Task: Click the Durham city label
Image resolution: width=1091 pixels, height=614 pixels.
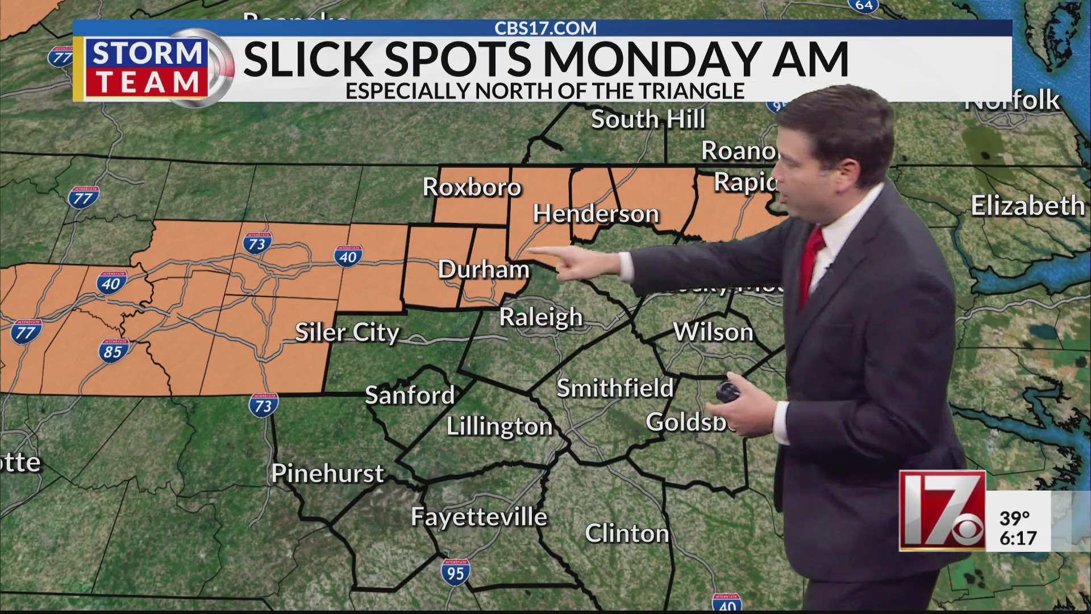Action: (484, 269)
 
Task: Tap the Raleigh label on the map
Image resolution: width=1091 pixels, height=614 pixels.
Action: (540, 317)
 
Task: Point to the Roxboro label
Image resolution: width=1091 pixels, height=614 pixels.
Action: (472, 187)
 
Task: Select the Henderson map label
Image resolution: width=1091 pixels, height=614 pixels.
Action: (596, 214)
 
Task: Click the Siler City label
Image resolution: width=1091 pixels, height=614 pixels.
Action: (347, 333)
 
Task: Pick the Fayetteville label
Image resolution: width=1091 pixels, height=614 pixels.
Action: (479, 517)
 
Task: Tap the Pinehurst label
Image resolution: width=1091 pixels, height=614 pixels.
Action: (327, 474)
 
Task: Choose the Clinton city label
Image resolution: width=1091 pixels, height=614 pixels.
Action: (627, 533)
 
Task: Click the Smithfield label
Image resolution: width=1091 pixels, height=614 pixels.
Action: (615, 388)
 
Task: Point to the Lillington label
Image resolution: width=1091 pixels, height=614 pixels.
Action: (499, 426)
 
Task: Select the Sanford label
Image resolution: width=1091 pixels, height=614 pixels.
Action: (410, 395)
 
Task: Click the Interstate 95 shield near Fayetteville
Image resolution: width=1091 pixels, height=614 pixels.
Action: (455, 572)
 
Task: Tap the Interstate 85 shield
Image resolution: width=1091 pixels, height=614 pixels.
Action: (113, 351)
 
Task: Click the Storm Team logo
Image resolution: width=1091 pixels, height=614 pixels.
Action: (147, 68)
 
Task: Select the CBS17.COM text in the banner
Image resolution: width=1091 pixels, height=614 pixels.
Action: (545, 28)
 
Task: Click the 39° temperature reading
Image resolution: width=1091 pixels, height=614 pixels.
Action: (1014, 518)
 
